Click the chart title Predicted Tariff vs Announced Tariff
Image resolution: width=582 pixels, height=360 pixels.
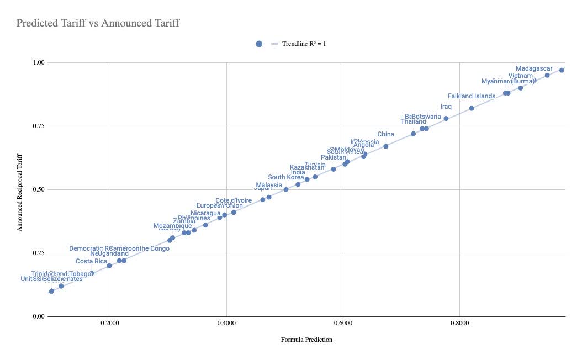click(98, 23)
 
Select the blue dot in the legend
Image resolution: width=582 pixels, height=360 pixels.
click(259, 44)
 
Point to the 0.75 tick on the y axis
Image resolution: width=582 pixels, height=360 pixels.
click(38, 126)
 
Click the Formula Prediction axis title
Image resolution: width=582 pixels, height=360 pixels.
click(306, 340)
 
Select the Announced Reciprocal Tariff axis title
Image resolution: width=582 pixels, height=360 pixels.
click(20, 189)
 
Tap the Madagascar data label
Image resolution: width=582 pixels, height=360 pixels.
click(534, 68)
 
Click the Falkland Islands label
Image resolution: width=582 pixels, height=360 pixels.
click(472, 96)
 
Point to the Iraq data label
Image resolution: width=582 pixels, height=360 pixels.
click(446, 107)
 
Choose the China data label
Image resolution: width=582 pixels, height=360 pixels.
click(385, 134)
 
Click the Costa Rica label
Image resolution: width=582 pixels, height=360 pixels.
click(91, 261)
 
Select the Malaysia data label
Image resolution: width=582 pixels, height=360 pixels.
click(269, 185)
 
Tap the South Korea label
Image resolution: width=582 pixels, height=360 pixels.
click(286, 177)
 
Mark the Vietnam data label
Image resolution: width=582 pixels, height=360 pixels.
click(520, 76)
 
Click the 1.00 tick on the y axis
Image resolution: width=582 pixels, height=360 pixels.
click(38, 62)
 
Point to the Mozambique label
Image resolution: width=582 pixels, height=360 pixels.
click(172, 226)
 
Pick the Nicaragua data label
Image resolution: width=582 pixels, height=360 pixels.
click(205, 213)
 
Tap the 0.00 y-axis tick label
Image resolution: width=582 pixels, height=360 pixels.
click(38, 316)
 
